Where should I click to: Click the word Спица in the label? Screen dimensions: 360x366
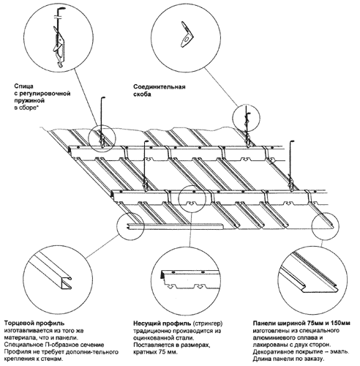tap(23, 86)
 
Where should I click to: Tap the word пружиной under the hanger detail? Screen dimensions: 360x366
tap(29, 101)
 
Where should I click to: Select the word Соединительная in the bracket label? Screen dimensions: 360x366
tap(160, 87)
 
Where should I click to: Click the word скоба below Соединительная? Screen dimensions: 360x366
tap(142, 94)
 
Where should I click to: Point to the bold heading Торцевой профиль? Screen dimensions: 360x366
tap(34, 324)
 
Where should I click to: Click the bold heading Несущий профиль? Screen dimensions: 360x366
tap(162, 324)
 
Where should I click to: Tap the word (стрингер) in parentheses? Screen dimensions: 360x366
tap(208, 324)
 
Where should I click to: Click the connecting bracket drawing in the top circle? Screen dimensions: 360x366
tap(187, 34)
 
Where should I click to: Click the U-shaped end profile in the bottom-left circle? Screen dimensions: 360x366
tap(53, 272)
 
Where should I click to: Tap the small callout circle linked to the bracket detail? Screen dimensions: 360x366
tap(246, 118)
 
